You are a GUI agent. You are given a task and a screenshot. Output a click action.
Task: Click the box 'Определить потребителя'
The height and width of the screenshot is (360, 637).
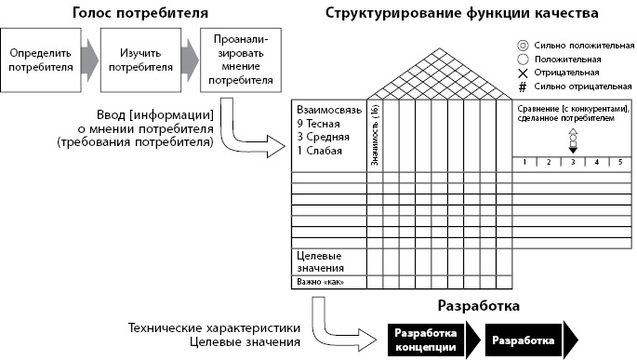click(39, 60)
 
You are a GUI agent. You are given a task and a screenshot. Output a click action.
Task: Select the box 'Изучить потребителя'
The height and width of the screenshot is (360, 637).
click(138, 60)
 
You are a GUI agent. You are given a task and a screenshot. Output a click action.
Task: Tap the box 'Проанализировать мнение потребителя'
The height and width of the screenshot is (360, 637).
click(241, 59)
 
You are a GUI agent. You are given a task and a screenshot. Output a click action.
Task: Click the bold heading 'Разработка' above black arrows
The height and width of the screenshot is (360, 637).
click(477, 305)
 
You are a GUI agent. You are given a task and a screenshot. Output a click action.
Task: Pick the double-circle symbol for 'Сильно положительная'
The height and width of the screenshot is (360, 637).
click(524, 44)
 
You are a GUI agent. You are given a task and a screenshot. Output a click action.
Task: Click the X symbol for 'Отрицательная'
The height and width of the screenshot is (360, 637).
click(524, 72)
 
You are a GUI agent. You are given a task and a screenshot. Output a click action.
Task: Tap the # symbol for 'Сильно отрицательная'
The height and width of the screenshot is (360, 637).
click(524, 86)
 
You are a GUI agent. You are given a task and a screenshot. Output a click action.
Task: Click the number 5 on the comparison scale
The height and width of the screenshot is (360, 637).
click(620, 162)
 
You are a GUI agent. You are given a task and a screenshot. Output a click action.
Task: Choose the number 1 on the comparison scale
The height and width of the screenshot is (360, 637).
click(524, 162)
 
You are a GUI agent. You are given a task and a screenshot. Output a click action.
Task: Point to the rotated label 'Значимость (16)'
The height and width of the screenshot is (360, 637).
click(375, 134)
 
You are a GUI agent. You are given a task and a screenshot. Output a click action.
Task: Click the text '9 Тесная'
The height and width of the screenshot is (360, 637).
click(319, 123)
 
